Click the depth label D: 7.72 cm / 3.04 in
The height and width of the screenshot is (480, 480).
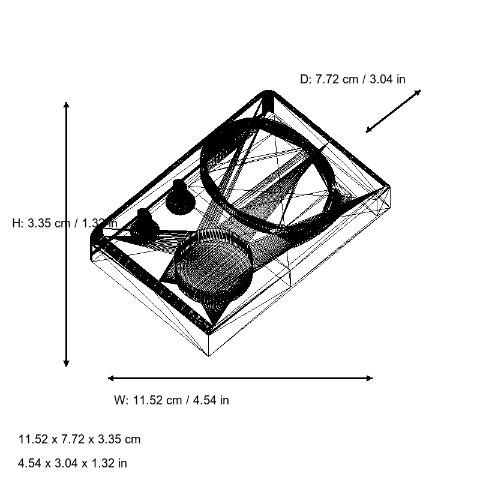(x=352, y=79)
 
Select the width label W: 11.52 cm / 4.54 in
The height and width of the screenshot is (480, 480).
(x=171, y=400)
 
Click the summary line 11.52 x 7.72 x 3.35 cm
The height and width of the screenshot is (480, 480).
(x=79, y=439)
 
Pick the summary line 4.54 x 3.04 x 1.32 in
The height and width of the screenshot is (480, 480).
(x=73, y=463)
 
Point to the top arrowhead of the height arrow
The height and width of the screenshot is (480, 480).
(x=67, y=105)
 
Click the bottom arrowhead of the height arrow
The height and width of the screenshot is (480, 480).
(x=67, y=363)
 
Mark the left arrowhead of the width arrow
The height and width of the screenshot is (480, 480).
(x=111, y=378)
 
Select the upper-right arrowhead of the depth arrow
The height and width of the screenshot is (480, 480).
(x=418, y=92)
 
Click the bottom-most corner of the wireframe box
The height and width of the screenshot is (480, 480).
(x=209, y=356)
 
